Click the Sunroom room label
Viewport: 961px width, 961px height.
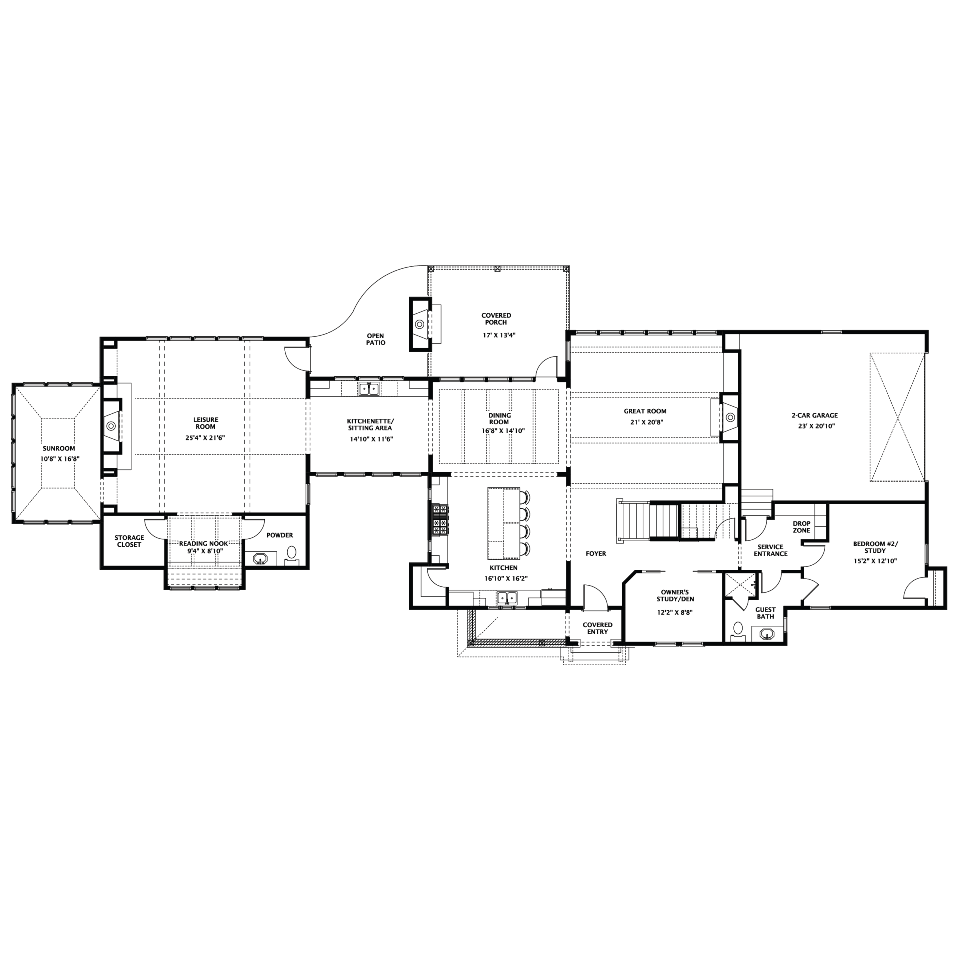click(x=59, y=448)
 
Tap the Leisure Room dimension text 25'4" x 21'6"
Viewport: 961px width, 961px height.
click(x=205, y=437)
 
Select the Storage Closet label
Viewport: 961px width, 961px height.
click(x=129, y=541)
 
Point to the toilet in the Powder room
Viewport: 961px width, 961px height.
click(x=291, y=553)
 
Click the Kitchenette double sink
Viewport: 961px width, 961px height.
click(x=369, y=388)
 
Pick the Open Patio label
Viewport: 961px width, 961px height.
click(x=376, y=339)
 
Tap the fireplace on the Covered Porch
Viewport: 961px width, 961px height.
click(x=421, y=324)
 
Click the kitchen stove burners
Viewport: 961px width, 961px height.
click(x=441, y=519)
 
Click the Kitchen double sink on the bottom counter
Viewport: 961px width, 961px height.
click(x=507, y=597)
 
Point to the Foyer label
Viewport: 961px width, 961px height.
click(x=596, y=554)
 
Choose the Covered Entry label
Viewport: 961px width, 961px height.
click(x=597, y=628)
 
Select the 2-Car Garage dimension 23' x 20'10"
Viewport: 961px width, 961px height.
click(x=817, y=426)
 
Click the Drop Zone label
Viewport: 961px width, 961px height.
click(x=801, y=527)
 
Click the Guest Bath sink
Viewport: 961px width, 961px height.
click(x=766, y=634)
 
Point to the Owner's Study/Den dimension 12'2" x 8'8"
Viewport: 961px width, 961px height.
click(x=675, y=612)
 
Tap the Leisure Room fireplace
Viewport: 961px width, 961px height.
click(x=111, y=426)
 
